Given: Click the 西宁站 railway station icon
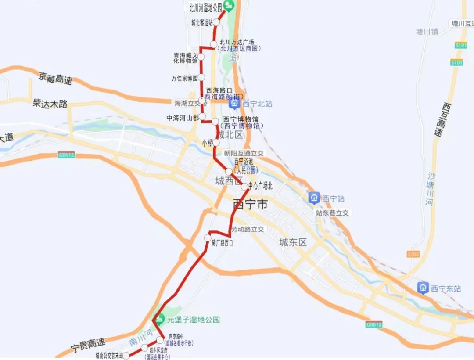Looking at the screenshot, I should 314,198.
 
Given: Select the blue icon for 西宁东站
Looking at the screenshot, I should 423,288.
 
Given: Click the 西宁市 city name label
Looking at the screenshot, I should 250,205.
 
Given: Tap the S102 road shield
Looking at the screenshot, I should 413,254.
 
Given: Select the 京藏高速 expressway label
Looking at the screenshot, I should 55,79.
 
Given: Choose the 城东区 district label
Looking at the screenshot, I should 293,242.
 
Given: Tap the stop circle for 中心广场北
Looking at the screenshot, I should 244,187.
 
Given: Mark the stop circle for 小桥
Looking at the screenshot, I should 216,143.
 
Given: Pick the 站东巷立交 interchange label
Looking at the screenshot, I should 332,213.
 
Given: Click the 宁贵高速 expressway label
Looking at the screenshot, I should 88,346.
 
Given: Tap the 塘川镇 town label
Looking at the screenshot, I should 427,32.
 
